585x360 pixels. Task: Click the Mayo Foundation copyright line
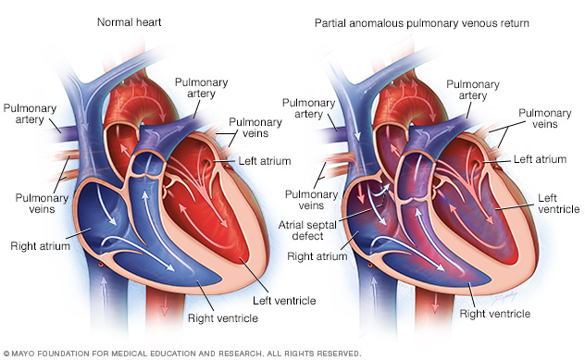click(x=181, y=353)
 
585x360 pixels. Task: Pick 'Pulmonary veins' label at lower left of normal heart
click(x=34, y=203)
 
